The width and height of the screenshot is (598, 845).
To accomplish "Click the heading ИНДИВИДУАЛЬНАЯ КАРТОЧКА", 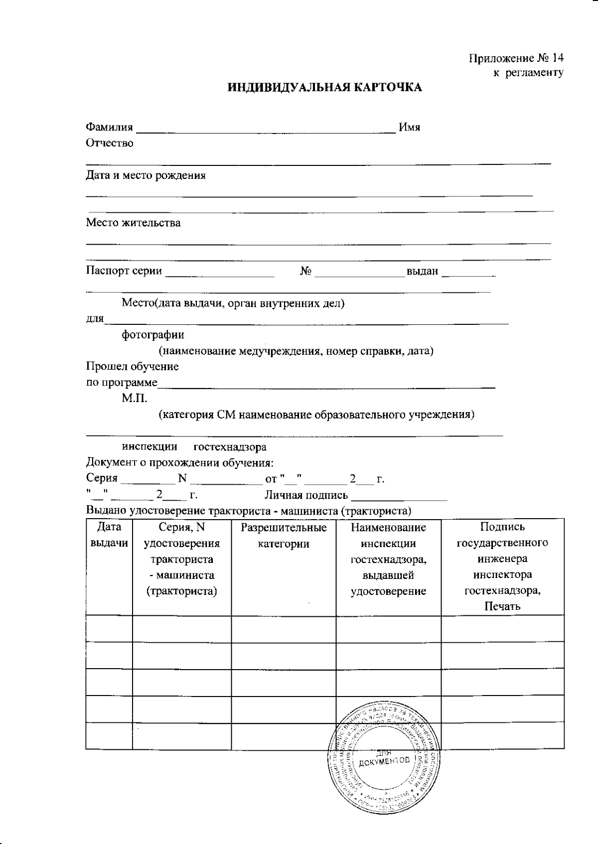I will (x=325, y=88).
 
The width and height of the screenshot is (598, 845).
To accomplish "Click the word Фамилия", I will (x=110, y=127).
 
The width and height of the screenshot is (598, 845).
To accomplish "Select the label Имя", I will (x=410, y=127).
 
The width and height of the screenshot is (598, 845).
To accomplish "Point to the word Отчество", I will (x=110, y=143).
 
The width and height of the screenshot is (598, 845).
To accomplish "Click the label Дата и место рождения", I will (x=146, y=175).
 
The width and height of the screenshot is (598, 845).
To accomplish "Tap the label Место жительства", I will (x=133, y=223).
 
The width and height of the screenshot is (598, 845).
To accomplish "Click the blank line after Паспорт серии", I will (x=220, y=275).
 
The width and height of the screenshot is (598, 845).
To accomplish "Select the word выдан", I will (x=422, y=272).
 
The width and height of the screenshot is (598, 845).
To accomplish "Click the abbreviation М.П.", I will (x=134, y=399).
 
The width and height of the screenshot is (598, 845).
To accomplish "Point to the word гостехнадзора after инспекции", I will (x=230, y=447).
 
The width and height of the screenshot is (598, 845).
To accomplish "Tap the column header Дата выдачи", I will (x=109, y=535).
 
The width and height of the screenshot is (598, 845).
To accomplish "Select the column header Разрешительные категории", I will (x=284, y=535).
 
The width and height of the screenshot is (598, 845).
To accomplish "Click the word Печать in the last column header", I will (x=502, y=606).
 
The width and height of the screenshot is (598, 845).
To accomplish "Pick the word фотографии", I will (x=153, y=335).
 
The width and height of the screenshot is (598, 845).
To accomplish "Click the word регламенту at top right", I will (x=536, y=73).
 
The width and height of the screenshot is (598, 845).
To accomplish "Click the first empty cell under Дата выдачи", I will (x=109, y=628).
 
